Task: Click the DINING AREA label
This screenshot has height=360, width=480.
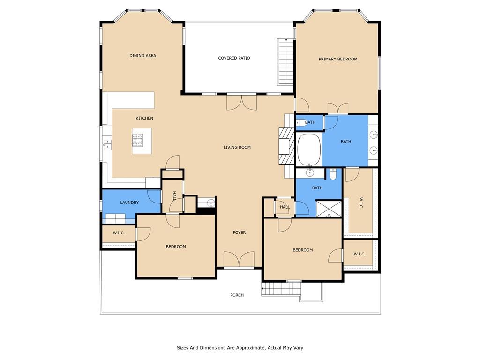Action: [x=142, y=56]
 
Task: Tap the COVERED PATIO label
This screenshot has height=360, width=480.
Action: [x=234, y=58]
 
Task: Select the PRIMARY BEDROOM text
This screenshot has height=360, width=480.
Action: [x=338, y=59]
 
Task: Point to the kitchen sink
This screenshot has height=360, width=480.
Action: [x=107, y=144]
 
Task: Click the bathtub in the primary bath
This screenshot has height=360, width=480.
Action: [x=309, y=150]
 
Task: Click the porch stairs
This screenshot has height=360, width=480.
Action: [x=281, y=289]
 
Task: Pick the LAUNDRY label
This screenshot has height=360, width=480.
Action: [x=129, y=202]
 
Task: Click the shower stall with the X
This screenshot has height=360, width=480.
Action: [x=329, y=208]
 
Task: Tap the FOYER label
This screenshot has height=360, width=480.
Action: [x=239, y=232]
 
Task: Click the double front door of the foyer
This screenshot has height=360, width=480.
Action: [x=239, y=260]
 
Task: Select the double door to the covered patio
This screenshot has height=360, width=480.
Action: [x=241, y=102]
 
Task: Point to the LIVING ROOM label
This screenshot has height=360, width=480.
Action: [x=237, y=147]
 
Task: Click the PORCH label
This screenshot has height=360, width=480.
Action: [x=237, y=295]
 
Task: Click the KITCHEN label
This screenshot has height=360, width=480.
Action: [x=144, y=118]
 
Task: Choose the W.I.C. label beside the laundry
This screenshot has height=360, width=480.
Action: [x=119, y=233]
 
